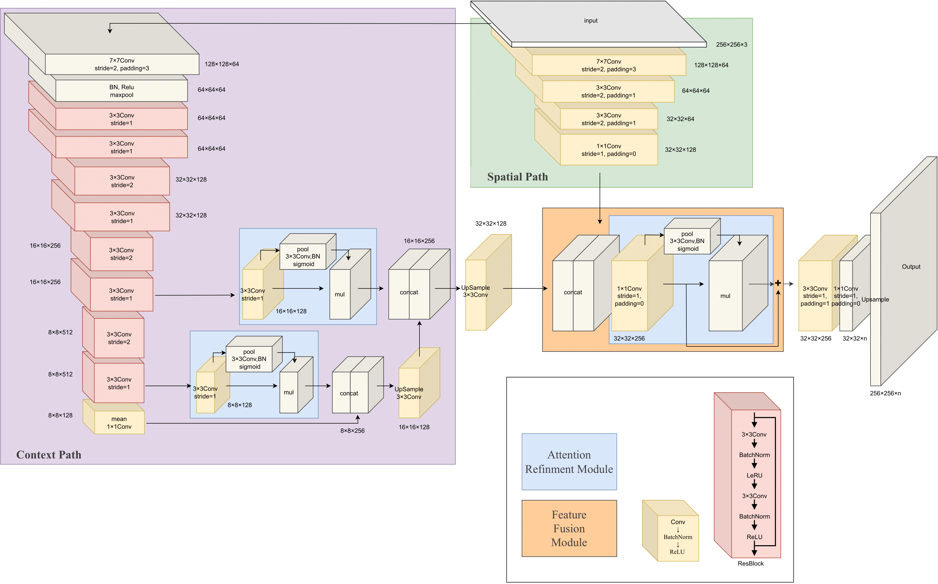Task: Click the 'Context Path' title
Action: (x=49, y=455)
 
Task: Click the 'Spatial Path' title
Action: (x=517, y=177)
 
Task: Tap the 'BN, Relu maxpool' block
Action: (x=122, y=91)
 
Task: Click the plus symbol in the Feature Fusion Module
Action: (x=778, y=283)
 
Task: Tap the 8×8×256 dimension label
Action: (x=352, y=431)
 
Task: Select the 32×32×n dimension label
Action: (x=854, y=338)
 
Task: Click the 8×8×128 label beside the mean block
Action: (x=60, y=415)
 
